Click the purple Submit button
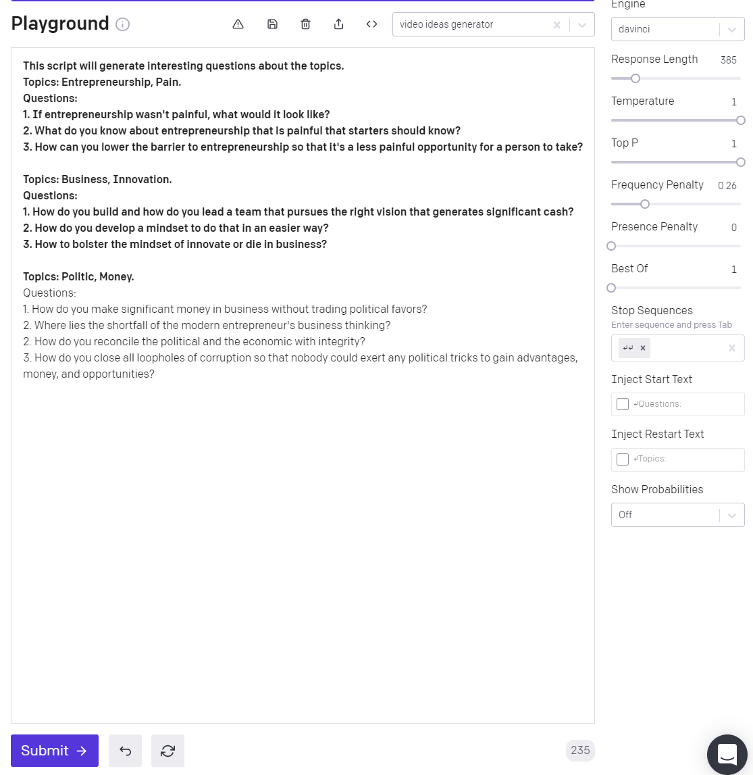click(x=55, y=751)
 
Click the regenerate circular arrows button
click(x=167, y=751)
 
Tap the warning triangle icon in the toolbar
click(x=238, y=24)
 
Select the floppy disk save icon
click(x=272, y=24)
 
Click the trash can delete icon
click(x=305, y=24)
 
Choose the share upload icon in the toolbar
click(x=338, y=24)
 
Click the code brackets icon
click(x=371, y=24)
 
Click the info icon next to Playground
click(x=122, y=24)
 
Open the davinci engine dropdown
click(x=677, y=29)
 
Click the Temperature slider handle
click(x=741, y=120)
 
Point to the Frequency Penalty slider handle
click(x=645, y=204)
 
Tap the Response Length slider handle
click(x=635, y=78)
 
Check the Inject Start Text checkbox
click(x=623, y=404)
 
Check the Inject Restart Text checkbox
click(x=623, y=459)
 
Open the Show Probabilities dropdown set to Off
click(x=677, y=515)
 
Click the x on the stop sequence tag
click(x=643, y=348)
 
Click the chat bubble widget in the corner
click(x=727, y=753)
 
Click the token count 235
click(x=580, y=750)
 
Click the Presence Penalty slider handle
click(x=611, y=246)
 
